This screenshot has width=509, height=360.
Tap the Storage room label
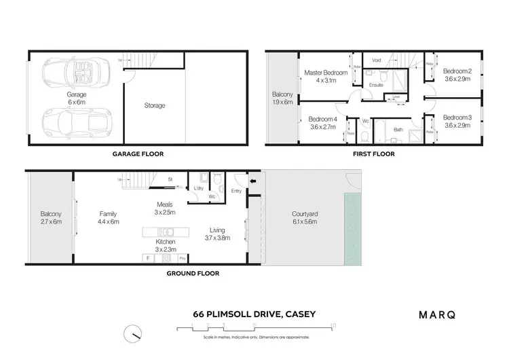pyautogui.click(x=155, y=106)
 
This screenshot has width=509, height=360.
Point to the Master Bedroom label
pyautogui.click(x=326, y=77)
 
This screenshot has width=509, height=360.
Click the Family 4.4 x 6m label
pyautogui.click(x=109, y=217)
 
